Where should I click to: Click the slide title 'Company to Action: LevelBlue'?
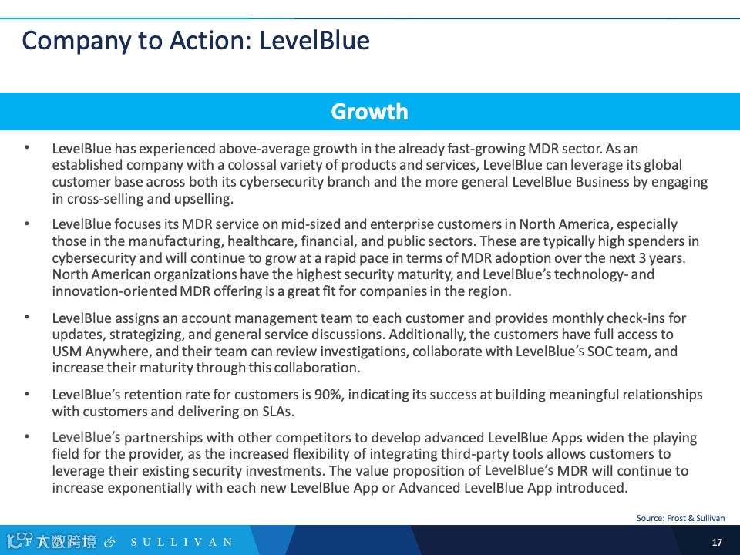(196, 40)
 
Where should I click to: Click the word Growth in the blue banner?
(369, 112)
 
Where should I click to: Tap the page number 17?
(717, 542)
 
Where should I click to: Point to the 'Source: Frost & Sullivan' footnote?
(681, 518)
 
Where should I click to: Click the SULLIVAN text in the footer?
(180, 542)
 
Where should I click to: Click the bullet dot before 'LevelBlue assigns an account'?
(27, 316)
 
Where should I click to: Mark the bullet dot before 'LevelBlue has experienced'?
(27, 146)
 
